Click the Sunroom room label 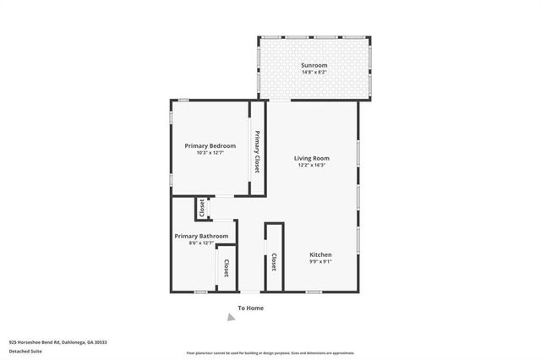[314, 65]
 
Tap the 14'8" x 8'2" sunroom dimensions [314, 72]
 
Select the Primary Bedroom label [210, 146]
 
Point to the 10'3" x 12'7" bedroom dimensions [210, 153]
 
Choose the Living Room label [312, 158]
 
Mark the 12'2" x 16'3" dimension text [312, 165]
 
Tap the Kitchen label [320, 254]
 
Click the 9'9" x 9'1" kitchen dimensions [320, 261]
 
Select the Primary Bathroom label [201, 236]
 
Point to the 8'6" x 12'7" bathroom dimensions [201, 243]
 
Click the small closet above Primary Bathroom [202, 207]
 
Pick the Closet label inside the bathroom [227, 268]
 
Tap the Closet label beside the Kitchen [275, 263]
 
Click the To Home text [250, 308]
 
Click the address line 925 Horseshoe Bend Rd [57, 342]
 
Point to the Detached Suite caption [26, 350]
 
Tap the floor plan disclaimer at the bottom [270, 352]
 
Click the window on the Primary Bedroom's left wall [172, 106]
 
